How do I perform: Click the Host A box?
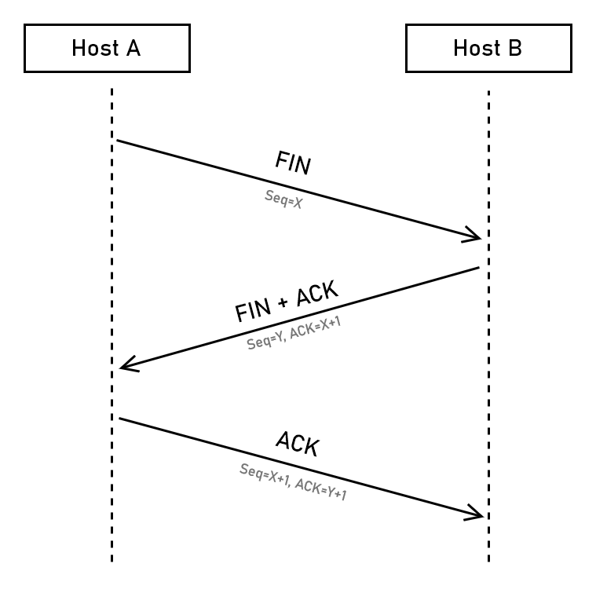(x=107, y=48)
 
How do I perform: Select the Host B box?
(x=488, y=48)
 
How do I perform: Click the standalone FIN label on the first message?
(x=292, y=163)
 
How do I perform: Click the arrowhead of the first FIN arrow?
(x=476, y=235)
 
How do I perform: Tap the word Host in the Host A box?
(x=94, y=48)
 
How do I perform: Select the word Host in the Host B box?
(x=476, y=48)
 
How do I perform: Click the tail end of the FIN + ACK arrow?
(x=478, y=268)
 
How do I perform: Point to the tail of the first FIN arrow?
(x=119, y=141)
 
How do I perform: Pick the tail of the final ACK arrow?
(x=120, y=419)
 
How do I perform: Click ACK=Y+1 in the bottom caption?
(x=321, y=488)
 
